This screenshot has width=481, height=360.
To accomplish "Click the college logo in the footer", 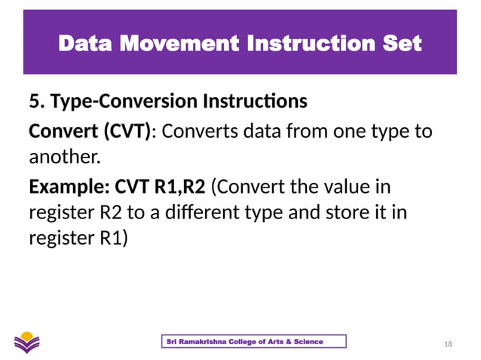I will [x=29, y=341].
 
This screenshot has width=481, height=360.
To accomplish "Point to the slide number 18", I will [x=449, y=344].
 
